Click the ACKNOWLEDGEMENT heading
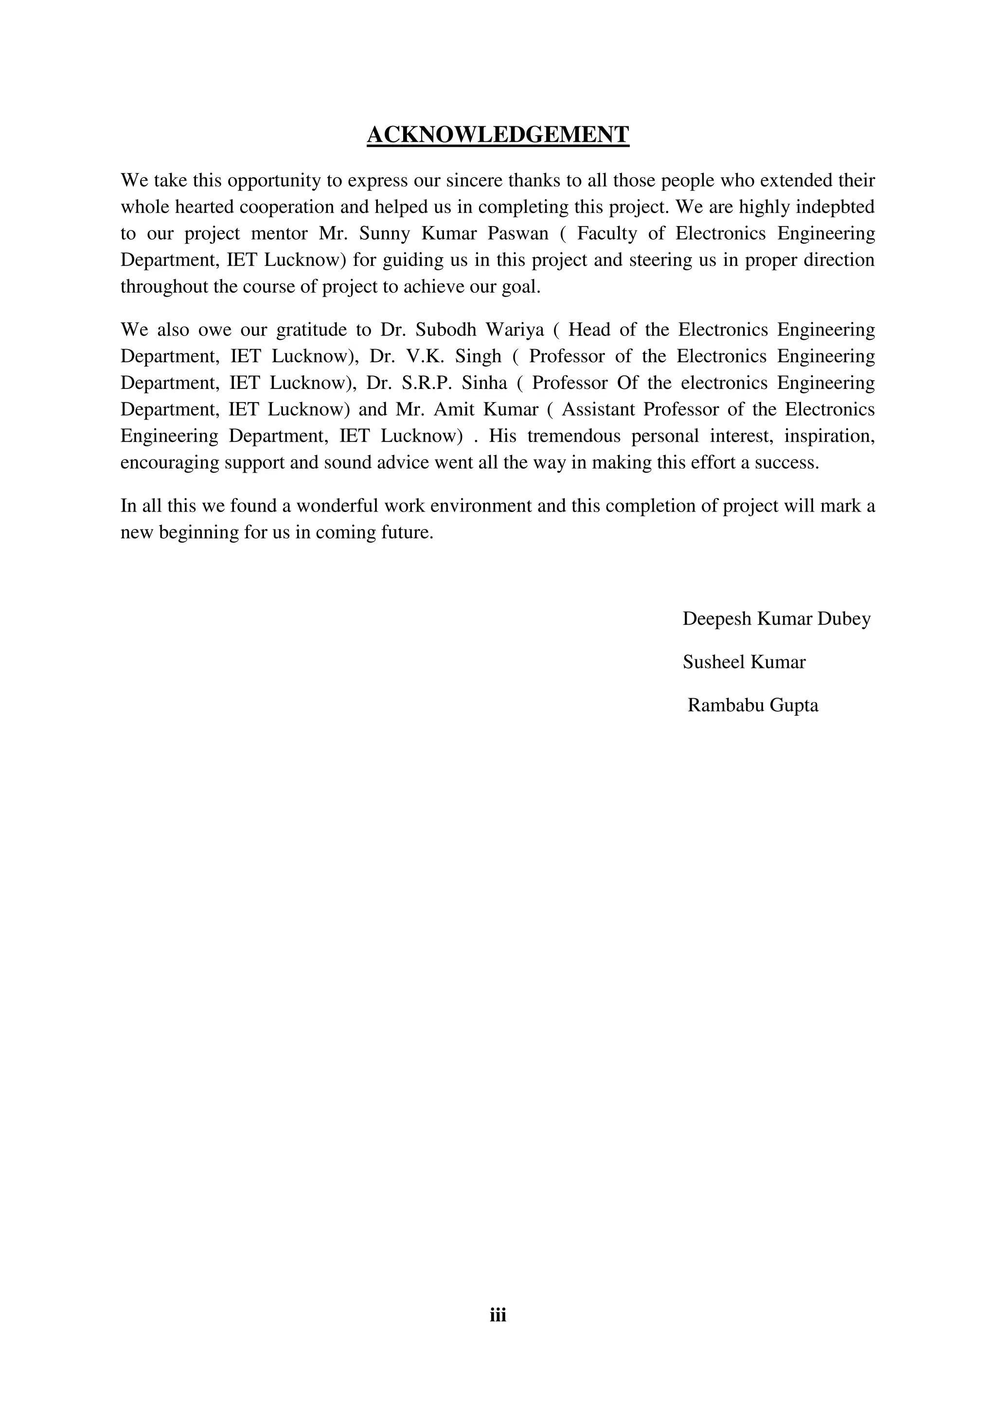pyautogui.click(x=498, y=134)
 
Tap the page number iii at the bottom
pyautogui.click(x=498, y=1314)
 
